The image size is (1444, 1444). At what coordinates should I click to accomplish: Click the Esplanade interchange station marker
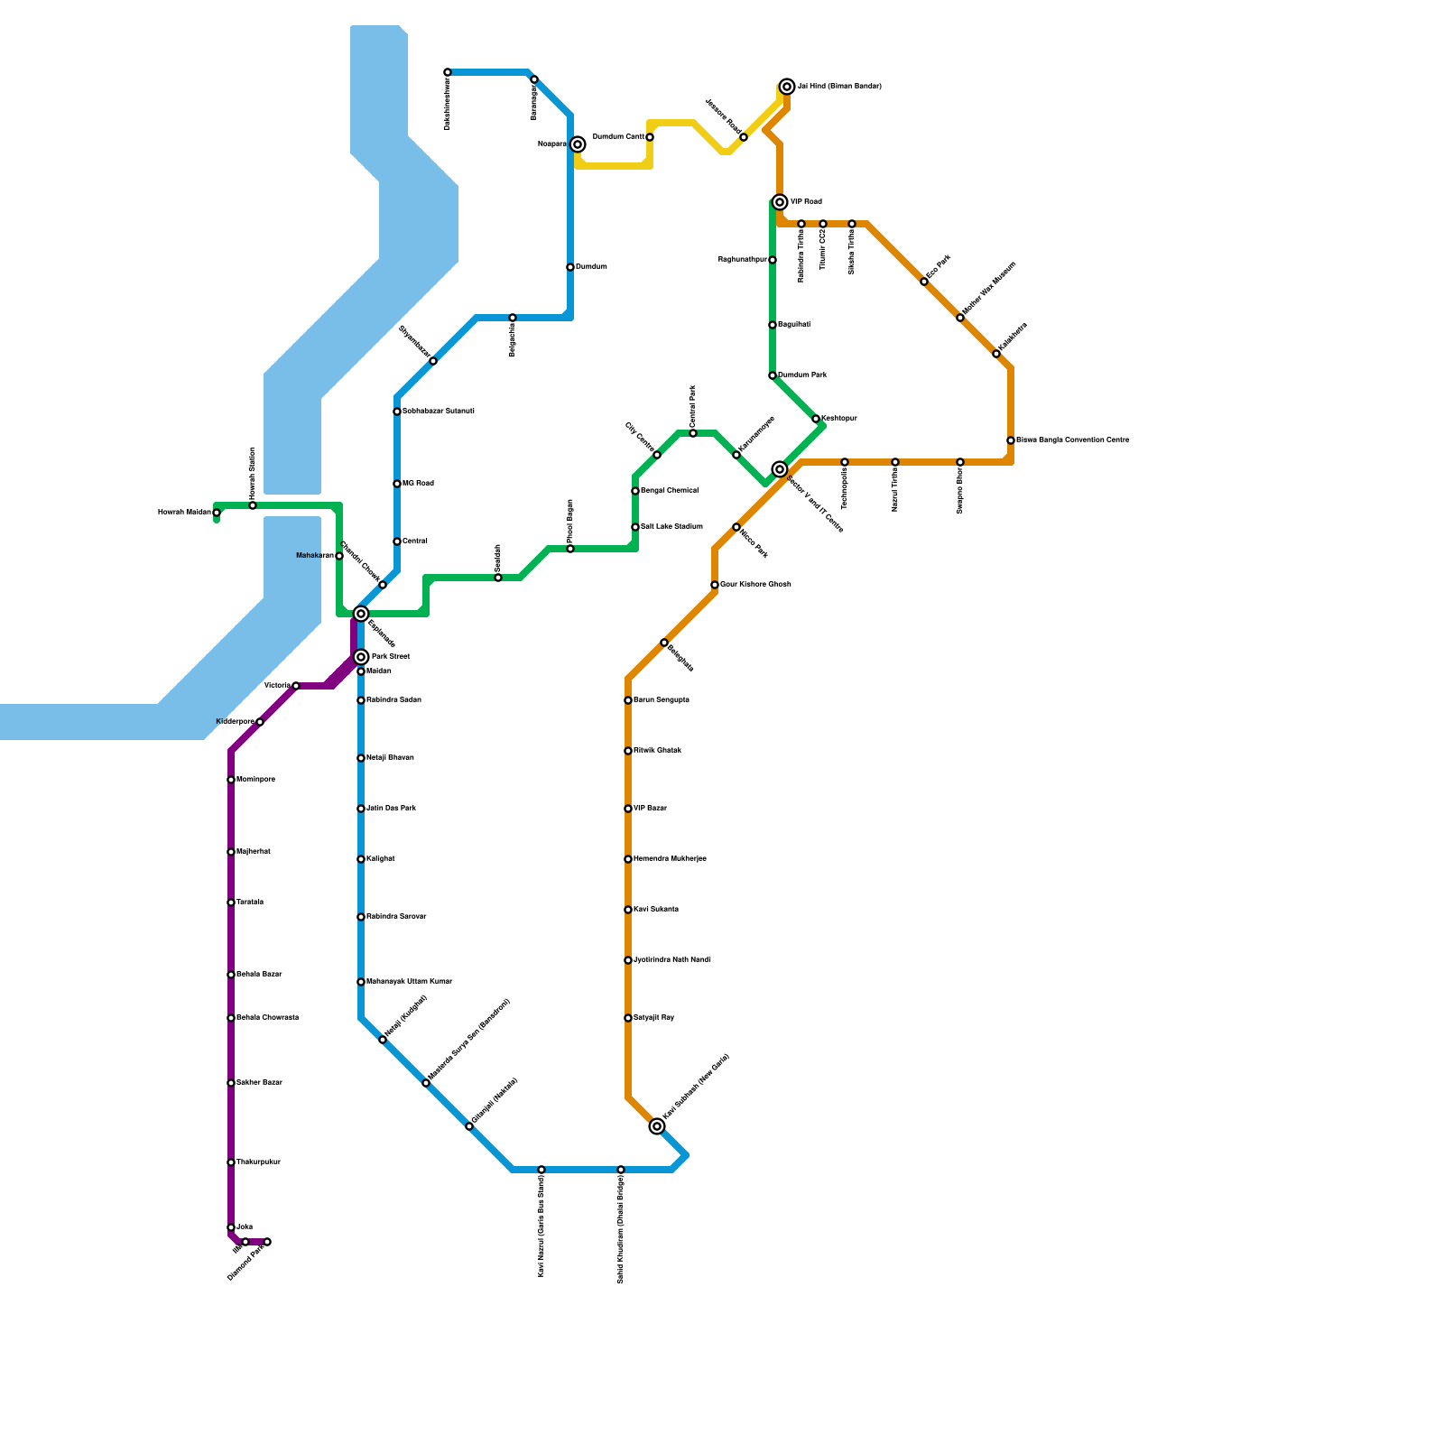(x=361, y=614)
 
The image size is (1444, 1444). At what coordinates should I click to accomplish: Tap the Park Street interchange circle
(x=361, y=657)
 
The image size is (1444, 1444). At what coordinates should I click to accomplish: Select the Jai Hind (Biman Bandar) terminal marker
(x=787, y=87)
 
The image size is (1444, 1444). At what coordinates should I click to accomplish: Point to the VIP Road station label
(x=806, y=202)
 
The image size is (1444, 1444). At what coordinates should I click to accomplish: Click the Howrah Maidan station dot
(x=217, y=513)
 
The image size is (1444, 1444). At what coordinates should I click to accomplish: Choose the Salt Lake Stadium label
(x=671, y=526)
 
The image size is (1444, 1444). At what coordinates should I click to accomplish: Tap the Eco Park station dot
(x=924, y=282)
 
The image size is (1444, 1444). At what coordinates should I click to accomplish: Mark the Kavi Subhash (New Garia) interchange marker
(x=657, y=1126)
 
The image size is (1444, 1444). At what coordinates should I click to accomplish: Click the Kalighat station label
(x=381, y=859)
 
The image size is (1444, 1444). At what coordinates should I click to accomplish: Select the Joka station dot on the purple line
(x=231, y=1227)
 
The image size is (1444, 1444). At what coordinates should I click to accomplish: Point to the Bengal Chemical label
(x=670, y=490)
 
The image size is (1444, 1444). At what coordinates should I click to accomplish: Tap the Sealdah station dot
(x=498, y=578)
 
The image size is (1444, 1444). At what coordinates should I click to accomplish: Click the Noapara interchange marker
(x=578, y=144)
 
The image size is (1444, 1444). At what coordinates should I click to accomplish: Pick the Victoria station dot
(x=296, y=686)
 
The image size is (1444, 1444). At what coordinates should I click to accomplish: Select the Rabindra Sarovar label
(x=396, y=917)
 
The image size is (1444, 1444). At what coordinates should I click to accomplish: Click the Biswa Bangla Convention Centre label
(x=1073, y=440)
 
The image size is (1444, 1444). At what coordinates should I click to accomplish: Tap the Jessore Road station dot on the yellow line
(x=744, y=137)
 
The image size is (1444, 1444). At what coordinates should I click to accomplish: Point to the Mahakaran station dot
(x=339, y=556)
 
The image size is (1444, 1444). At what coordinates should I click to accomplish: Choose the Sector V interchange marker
(x=780, y=469)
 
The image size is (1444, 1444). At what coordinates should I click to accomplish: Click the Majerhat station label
(x=254, y=852)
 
